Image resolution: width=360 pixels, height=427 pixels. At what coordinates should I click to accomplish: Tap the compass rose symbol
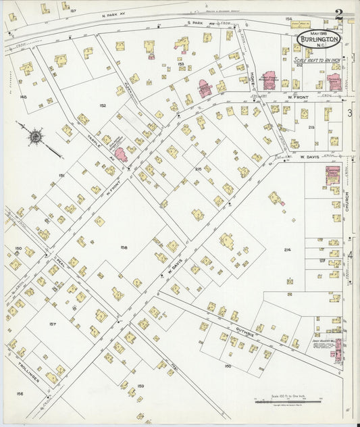(35, 137)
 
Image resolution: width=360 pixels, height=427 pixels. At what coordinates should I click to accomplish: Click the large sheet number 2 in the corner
(338, 14)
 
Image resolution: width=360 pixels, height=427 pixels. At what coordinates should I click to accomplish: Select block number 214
(287, 250)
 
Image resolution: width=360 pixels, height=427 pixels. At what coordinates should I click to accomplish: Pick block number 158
(124, 247)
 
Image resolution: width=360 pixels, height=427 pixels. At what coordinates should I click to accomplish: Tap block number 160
(228, 366)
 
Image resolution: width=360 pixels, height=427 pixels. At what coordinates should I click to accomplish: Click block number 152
(103, 105)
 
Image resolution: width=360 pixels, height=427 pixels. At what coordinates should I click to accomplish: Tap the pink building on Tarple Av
(121, 154)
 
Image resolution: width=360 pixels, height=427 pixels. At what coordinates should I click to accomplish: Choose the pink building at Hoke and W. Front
(270, 81)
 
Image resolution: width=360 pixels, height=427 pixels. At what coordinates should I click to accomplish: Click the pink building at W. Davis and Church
(333, 174)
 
